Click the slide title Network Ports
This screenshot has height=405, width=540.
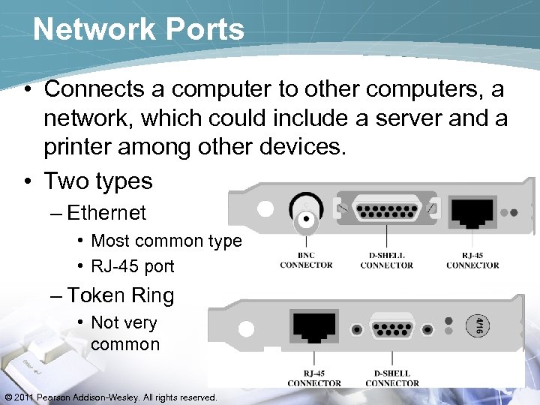[139, 29]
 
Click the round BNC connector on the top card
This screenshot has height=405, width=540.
[306, 218]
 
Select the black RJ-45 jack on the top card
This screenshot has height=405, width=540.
[471, 212]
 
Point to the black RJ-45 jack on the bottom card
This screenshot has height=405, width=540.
[315, 328]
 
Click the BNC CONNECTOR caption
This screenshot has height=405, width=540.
[306, 259]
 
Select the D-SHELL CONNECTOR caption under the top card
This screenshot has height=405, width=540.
[387, 259]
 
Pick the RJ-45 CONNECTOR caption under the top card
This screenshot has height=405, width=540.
[472, 259]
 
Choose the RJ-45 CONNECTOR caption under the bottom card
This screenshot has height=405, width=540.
[314, 378]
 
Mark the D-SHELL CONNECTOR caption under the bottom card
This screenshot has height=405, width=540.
[392, 378]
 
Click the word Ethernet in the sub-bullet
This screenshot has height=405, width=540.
[106, 213]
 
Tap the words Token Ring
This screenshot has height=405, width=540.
[120, 295]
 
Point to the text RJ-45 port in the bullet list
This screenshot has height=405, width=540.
[132, 266]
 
